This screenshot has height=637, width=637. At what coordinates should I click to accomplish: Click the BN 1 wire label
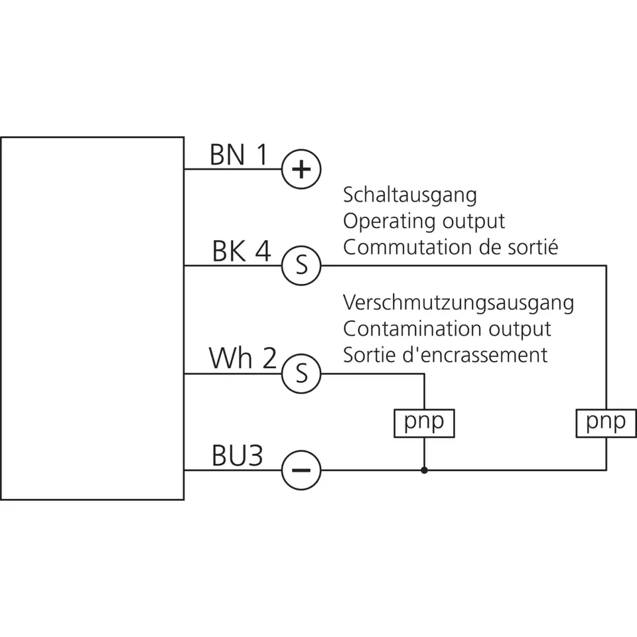pyautogui.click(x=239, y=155)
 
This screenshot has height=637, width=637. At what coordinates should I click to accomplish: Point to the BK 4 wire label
pyautogui.click(x=242, y=251)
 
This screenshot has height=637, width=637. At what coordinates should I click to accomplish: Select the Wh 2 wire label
pyautogui.click(x=243, y=358)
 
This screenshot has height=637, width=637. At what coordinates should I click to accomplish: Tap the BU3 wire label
pyautogui.click(x=238, y=455)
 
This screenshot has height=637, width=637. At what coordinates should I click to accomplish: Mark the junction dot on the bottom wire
pyautogui.click(x=424, y=470)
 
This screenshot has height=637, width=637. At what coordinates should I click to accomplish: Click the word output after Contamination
pyautogui.click(x=520, y=330)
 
